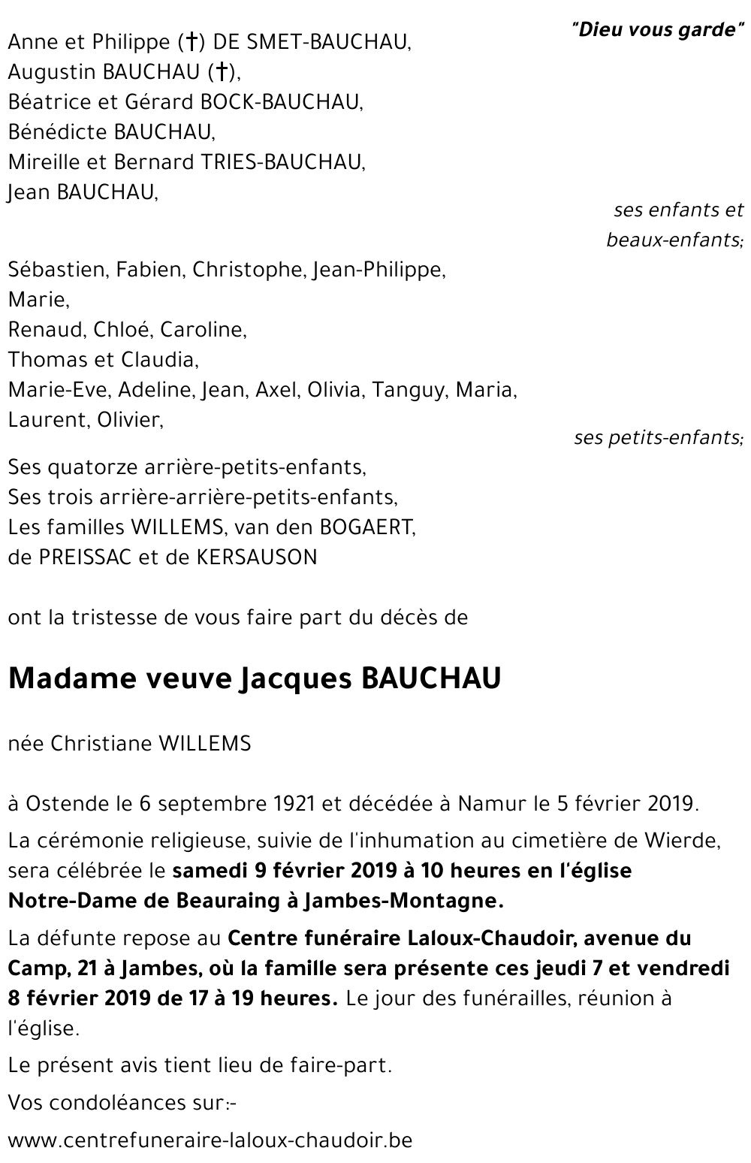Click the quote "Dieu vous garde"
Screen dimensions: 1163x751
(657, 30)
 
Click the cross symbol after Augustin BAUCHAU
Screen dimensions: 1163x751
(222, 72)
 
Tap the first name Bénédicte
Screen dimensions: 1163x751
(58, 132)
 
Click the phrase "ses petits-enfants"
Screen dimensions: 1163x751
(659, 437)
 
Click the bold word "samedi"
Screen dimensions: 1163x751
(206, 871)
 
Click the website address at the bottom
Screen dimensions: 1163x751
(210, 1140)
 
